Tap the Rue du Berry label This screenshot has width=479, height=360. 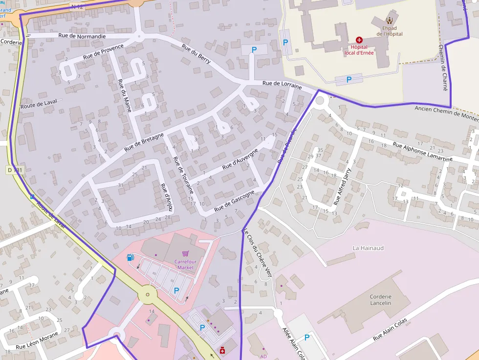tap(196, 54)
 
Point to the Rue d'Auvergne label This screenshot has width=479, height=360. tap(237, 163)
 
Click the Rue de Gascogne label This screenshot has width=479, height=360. tap(234, 200)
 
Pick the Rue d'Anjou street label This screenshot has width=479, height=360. tap(167, 196)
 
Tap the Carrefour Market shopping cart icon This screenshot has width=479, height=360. tap(185, 254)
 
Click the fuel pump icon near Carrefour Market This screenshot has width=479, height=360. tap(130, 257)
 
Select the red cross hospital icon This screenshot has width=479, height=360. tap(359, 39)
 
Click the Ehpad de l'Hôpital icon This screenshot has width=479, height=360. tap(390, 21)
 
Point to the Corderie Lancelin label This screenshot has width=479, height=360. tap(380, 299)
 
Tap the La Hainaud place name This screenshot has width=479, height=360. tap(368, 248)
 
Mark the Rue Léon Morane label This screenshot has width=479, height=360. tap(37, 340)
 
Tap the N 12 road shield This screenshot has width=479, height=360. tap(77, 6)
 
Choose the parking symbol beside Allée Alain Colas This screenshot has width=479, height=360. tap(307, 337)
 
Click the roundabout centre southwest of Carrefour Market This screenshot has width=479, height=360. tap(147, 295)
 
